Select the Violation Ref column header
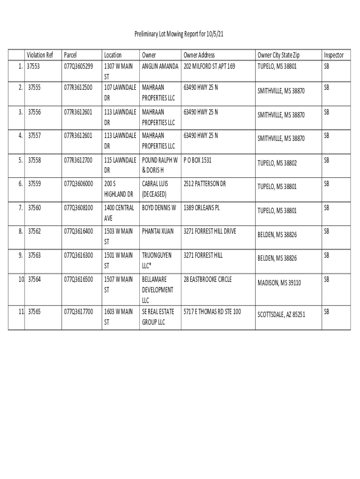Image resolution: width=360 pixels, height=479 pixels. pyautogui.click(x=41, y=55)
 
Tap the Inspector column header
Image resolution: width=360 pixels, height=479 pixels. pyautogui.click(x=333, y=55)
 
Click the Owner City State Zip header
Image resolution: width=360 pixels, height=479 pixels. pyautogui.click(x=279, y=55)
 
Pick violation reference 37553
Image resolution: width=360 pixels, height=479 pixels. pyautogui.click(x=34, y=66)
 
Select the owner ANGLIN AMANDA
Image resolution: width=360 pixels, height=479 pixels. pyautogui.click(x=160, y=66)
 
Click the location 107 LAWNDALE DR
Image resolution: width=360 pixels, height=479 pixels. pyautogui.click(x=120, y=93)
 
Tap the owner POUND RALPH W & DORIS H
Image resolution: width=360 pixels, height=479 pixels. pyautogui.click(x=160, y=165)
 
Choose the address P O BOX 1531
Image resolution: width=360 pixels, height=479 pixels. pyautogui.click(x=198, y=160)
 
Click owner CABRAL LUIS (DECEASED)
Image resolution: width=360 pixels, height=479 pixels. pyautogui.click(x=155, y=189)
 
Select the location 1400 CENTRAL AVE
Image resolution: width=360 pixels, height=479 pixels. pyautogui.click(x=119, y=213)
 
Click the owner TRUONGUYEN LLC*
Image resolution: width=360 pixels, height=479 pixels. pyautogui.click(x=157, y=261)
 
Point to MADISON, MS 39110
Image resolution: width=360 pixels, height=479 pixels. pyautogui.click(x=279, y=283)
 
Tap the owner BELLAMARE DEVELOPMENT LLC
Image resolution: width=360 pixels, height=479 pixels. pyautogui.click(x=158, y=290)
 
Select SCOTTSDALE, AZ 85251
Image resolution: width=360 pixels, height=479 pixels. pyautogui.click(x=281, y=314)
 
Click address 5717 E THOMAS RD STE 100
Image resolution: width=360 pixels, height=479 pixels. pyautogui.click(x=212, y=311)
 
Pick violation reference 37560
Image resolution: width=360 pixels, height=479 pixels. pyautogui.click(x=34, y=207)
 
